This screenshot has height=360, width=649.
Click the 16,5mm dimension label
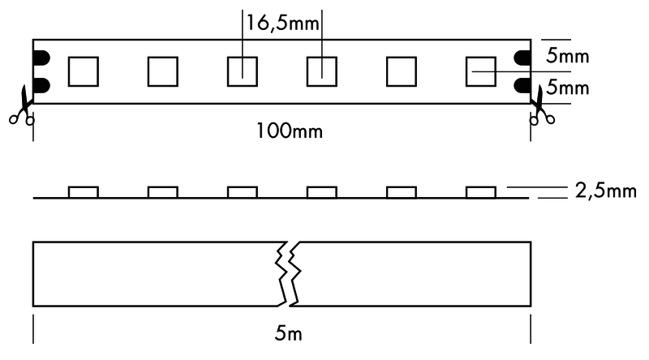tap(282, 23)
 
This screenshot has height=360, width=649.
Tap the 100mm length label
tap(290, 131)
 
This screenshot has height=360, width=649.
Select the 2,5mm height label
tap(605, 191)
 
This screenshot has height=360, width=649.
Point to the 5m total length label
tap(289, 333)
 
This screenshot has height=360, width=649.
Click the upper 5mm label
tap(567, 56)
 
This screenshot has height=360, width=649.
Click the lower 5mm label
tap(567, 88)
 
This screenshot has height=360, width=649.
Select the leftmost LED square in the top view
tap(84, 71)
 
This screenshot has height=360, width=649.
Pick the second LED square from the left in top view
tap(163, 71)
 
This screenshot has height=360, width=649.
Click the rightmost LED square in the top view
tap(480, 71)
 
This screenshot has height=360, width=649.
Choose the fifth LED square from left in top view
tap(401, 71)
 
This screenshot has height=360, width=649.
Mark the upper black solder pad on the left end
tap(41, 58)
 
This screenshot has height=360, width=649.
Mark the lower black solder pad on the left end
tap(41, 85)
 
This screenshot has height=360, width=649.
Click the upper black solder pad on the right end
tap(522, 58)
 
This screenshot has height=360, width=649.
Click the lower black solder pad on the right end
tap(522, 85)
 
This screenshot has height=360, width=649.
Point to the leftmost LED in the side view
tap(84, 192)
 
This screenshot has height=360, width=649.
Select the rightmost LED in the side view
tap(480, 192)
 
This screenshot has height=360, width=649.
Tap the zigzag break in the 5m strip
tap(289, 273)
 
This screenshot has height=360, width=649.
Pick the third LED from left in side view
tap(242, 192)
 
